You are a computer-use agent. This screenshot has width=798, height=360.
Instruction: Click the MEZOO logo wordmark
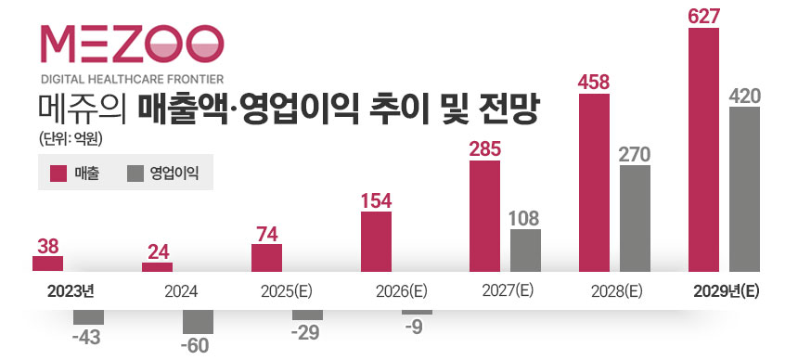[131, 44]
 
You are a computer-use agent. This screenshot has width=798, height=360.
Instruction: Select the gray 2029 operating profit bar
[745, 189]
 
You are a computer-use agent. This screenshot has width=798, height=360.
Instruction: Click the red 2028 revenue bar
[594, 182]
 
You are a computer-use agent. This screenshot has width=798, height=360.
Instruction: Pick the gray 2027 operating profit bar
[525, 251]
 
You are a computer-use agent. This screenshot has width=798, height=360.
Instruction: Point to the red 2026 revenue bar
[376, 241]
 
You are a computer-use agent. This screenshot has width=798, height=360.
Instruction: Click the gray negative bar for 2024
[198, 320]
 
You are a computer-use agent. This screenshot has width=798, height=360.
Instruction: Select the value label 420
[745, 95]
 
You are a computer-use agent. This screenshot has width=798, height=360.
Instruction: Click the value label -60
[198, 346]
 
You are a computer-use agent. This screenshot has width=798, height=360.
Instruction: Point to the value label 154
[376, 199]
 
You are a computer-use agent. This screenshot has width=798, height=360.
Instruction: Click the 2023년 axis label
[71, 290]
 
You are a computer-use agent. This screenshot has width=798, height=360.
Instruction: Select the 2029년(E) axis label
[726, 290]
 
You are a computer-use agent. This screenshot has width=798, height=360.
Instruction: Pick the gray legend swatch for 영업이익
[135, 173]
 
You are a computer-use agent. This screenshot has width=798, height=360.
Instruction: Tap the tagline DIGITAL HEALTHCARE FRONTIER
[131, 79]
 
